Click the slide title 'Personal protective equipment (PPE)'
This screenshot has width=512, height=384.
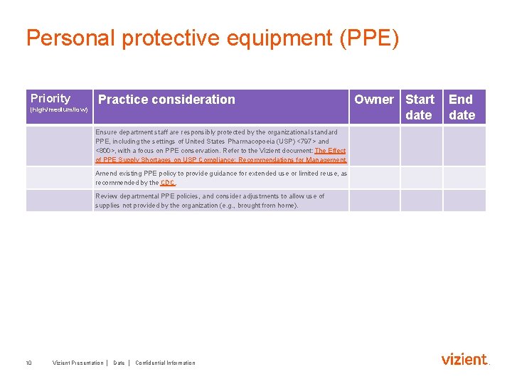[213, 38]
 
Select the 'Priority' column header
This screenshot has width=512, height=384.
[50, 98]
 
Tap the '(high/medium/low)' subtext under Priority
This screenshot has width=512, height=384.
[59, 110]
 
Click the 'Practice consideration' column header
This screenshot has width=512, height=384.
[166, 100]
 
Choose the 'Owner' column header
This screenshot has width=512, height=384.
[374, 100]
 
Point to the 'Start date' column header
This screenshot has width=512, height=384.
[420, 107]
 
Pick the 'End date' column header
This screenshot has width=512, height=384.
[462, 107]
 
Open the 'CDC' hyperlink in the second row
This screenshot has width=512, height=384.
[168, 183]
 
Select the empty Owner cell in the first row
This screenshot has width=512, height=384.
[374, 146]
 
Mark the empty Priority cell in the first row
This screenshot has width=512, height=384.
[59, 146]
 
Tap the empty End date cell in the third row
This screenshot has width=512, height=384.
[464, 201]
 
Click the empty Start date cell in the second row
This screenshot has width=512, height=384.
[421, 178]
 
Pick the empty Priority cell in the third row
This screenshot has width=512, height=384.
[59, 201]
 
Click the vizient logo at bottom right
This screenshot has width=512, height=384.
[464, 359]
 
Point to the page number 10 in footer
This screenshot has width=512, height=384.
[28, 363]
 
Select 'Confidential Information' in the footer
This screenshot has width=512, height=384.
[165, 363]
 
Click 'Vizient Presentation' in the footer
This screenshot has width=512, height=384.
[78, 363]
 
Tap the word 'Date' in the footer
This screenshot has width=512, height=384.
[119, 363]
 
